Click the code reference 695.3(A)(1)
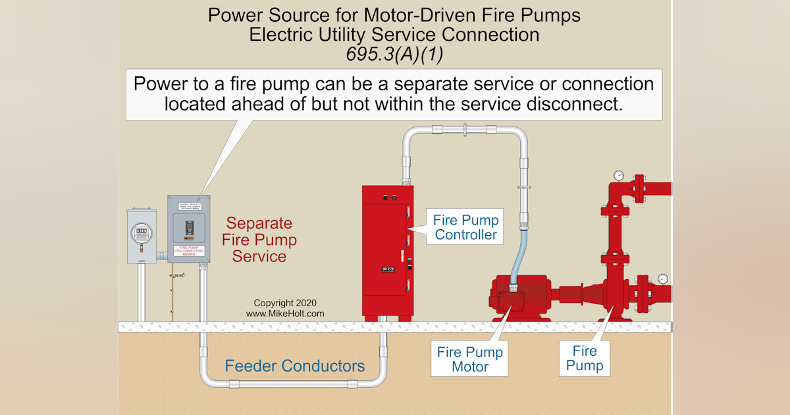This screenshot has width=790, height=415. [x=394, y=54]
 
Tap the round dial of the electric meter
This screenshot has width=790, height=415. [x=140, y=231]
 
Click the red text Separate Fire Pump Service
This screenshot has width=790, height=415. [x=259, y=240]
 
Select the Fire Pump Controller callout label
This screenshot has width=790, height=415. [x=466, y=227]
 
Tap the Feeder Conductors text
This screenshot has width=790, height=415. [x=295, y=366]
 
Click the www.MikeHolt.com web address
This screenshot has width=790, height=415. [x=285, y=314]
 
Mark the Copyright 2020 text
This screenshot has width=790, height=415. [x=285, y=304]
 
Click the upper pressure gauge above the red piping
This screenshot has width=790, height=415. [x=619, y=176]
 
